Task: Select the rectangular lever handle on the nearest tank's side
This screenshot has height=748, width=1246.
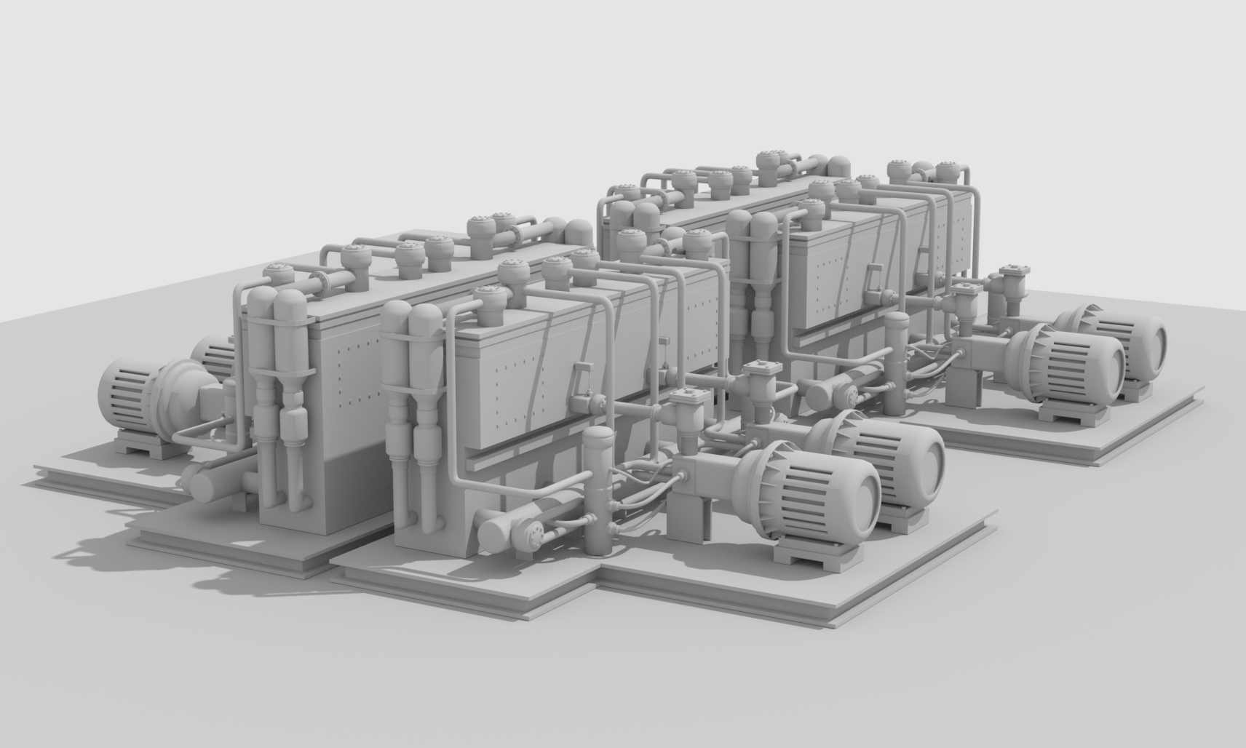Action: click(580, 381)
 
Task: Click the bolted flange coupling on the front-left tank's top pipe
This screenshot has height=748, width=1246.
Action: click(323, 281)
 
